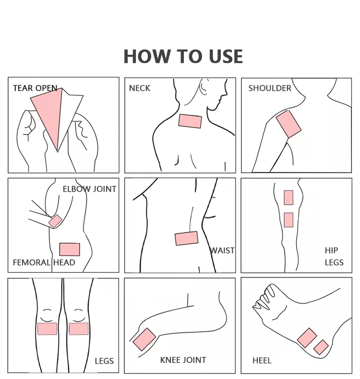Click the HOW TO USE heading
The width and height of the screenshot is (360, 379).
(183, 57)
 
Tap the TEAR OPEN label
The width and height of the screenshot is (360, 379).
(35, 88)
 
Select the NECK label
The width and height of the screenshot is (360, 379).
(139, 88)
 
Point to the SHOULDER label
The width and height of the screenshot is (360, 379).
(270, 88)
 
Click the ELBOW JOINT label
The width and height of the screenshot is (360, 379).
(89, 189)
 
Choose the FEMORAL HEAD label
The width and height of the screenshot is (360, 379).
(44, 262)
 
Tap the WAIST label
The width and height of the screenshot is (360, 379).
(222, 251)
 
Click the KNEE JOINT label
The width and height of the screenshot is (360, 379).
(183, 360)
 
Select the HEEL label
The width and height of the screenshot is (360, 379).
(262, 361)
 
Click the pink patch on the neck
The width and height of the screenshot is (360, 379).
(190, 121)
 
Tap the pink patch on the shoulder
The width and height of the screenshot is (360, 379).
(288, 124)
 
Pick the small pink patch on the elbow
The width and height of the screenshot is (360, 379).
(55, 221)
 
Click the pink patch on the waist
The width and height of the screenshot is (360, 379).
(187, 238)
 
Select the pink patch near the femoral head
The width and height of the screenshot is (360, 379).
(70, 249)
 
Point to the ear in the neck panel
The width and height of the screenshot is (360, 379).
(203, 86)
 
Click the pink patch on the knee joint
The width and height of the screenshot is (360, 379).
(144, 339)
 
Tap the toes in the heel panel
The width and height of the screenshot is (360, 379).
(264, 297)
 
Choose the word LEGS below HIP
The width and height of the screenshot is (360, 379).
(334, 262)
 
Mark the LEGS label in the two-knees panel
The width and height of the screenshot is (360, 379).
(104, 361)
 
